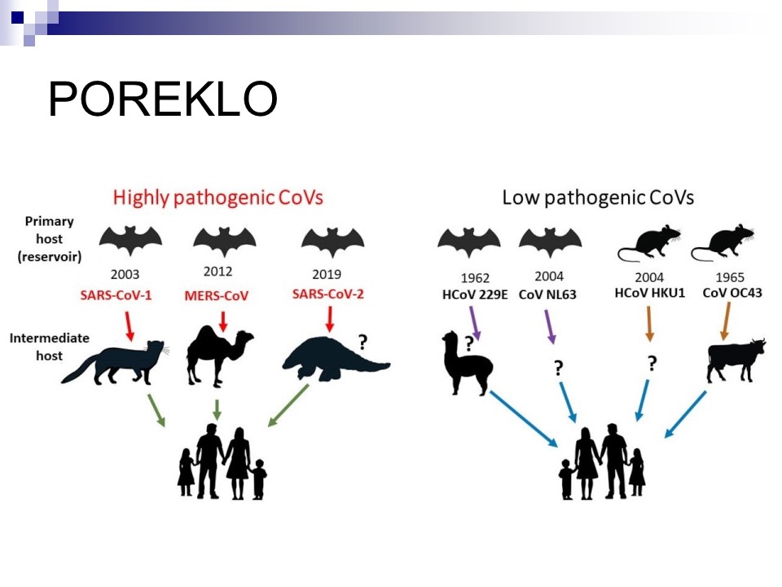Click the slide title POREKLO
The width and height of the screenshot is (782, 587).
click(163, 99)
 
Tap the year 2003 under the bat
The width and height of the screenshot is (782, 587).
click(125, 274)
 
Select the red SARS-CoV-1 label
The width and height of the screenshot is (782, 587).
click(116, 295)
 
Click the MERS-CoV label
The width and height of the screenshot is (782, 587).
click(217, 295)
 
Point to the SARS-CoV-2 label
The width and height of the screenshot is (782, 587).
click(327, 294)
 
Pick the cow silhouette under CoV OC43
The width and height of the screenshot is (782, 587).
click(736, 360)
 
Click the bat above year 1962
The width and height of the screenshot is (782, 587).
click(469, 243)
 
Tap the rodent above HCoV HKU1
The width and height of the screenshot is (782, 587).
click(649, 243)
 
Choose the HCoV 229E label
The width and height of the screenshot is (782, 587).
click(475, 295)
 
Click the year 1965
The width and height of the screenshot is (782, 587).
click(730, 277)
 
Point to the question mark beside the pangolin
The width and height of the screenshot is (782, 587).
click(362, 342)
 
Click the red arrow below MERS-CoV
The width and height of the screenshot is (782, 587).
click(223, 321)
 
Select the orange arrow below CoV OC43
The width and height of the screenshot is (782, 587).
click(726, 321)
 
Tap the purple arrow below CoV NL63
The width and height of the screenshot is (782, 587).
click(550, 327)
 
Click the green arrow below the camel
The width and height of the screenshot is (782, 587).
click(217, 410)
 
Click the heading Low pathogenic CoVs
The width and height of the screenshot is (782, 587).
click(598, 197)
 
